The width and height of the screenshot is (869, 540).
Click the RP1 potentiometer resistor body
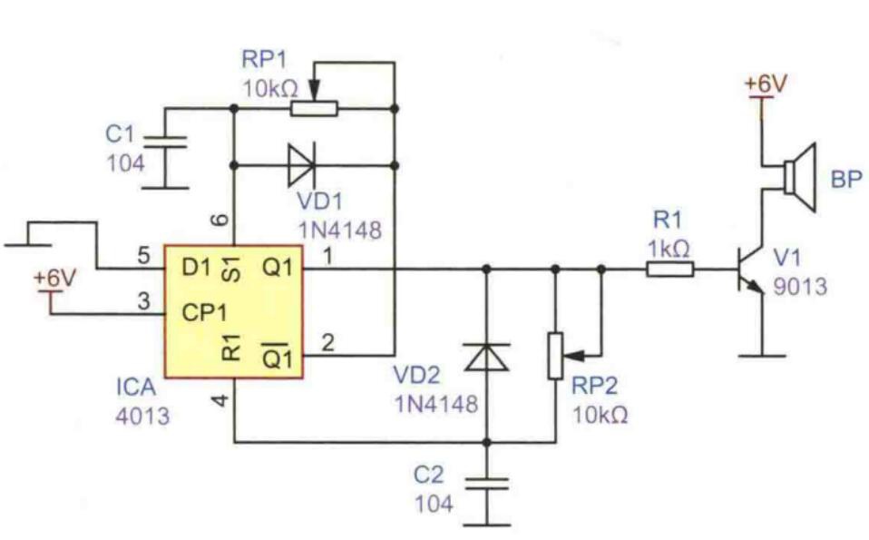314,109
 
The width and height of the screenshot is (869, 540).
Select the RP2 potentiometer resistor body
555,356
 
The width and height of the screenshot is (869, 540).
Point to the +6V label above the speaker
766,83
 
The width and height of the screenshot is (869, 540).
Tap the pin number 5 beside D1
143,257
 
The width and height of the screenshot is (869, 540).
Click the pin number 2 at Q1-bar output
328,342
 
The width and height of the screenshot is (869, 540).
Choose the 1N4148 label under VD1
340,230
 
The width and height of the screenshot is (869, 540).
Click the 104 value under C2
434,504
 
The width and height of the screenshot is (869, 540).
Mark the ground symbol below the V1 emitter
762,355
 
